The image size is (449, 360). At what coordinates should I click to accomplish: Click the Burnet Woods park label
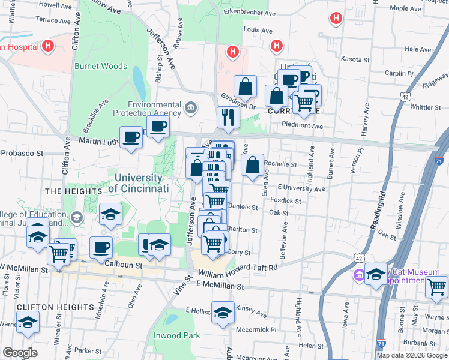click(101, 67)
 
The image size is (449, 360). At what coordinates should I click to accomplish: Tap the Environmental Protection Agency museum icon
click(191, 108)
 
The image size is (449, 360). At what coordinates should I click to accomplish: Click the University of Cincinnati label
click(138, 183)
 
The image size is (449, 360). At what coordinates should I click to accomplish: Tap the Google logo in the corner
click(20, 353)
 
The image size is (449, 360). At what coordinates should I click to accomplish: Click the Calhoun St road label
click(123, 264)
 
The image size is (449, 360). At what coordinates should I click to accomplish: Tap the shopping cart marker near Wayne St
click(437, 287)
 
